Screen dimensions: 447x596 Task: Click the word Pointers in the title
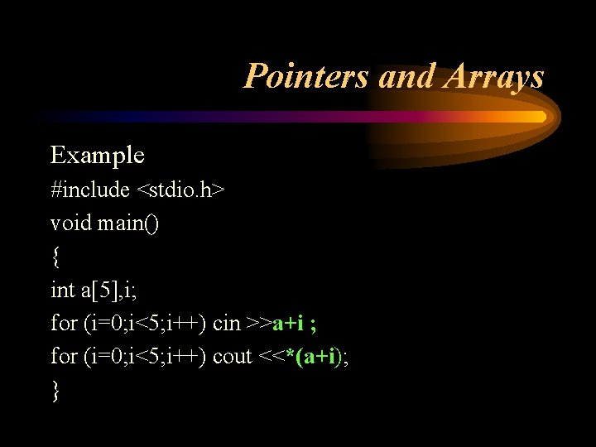307,77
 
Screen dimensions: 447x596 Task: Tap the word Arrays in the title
494,77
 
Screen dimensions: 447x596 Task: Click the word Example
98,155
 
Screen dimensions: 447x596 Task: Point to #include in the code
90,190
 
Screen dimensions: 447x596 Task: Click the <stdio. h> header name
180,190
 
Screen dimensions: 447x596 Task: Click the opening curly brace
55,257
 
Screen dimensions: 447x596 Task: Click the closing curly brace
55,390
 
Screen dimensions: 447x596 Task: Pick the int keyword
62,290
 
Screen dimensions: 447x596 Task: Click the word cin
227,323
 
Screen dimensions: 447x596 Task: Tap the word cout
233,356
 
